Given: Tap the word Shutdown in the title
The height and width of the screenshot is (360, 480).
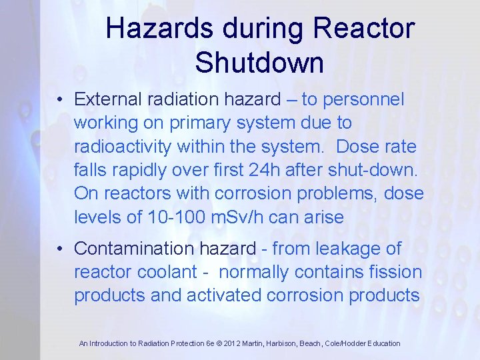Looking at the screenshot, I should (259, 63).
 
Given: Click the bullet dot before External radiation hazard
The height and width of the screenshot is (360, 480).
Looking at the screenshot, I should (60, 101).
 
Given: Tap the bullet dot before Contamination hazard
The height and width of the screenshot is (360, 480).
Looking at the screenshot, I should (60, 249).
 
